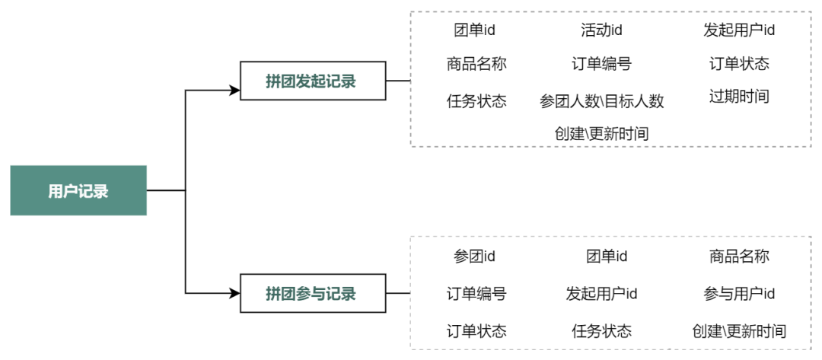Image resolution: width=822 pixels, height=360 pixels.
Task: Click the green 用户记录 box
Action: point(78,191)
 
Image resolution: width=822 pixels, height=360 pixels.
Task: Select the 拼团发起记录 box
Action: point(313,81)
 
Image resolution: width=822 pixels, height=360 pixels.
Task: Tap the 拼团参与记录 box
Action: point(313,294)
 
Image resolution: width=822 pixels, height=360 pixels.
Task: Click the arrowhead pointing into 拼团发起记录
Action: point(235,90)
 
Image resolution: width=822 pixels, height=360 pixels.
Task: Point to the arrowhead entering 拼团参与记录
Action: point(235,294)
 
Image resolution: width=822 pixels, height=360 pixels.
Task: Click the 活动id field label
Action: point(601,30)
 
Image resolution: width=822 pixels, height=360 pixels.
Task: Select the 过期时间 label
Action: point(739,97)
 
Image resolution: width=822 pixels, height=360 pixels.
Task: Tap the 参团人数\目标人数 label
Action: point(602,101)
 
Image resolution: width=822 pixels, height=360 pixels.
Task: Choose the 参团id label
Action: point(474,256)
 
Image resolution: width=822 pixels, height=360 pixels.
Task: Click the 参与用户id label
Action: point(739,294)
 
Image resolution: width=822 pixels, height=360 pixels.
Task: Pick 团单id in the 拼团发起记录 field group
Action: point(474,30)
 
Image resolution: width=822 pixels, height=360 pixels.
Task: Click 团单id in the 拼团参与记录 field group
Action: point(607,256)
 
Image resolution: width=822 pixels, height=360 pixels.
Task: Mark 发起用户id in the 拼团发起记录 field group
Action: point(739,30)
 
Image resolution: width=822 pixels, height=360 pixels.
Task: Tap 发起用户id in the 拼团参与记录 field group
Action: point(601,294)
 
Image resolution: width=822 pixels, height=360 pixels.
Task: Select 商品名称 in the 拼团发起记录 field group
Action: point(476,64)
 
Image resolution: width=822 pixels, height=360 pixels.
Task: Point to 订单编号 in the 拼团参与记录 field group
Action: point(476,294)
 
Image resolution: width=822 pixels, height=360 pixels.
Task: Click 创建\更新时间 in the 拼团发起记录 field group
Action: point(602,134)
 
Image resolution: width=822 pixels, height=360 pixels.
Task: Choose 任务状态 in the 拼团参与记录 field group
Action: point(602,331)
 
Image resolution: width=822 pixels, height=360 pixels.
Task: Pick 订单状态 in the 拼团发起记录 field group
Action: point(739,64)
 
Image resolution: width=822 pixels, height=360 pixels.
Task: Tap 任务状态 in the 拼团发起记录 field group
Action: point(476,100)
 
